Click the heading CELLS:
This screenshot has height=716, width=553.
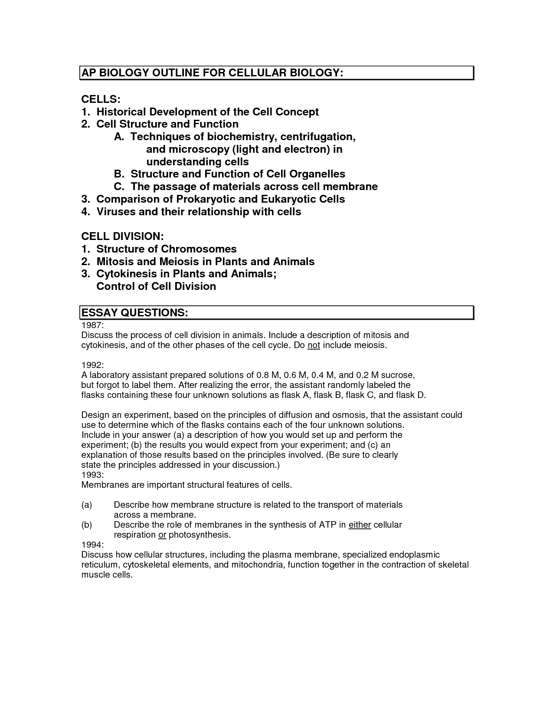pos(101,99)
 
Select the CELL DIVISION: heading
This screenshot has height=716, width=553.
pos(122,236)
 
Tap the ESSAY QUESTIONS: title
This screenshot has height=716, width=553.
pos(134,313)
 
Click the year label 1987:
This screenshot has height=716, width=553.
pos(92,325)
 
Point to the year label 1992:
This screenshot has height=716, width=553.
pos(92,365)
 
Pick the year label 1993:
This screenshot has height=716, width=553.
pos(92,475)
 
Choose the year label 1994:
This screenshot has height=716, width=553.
pos(92,545)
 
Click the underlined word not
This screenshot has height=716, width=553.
pos(314,345)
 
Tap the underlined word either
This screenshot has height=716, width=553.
pos(360,525)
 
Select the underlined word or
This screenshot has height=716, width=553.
pos(162,535)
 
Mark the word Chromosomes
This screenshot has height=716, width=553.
pos(199,249)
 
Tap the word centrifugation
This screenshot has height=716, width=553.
pos(318,137)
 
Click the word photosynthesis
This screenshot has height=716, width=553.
pos(199,535)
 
